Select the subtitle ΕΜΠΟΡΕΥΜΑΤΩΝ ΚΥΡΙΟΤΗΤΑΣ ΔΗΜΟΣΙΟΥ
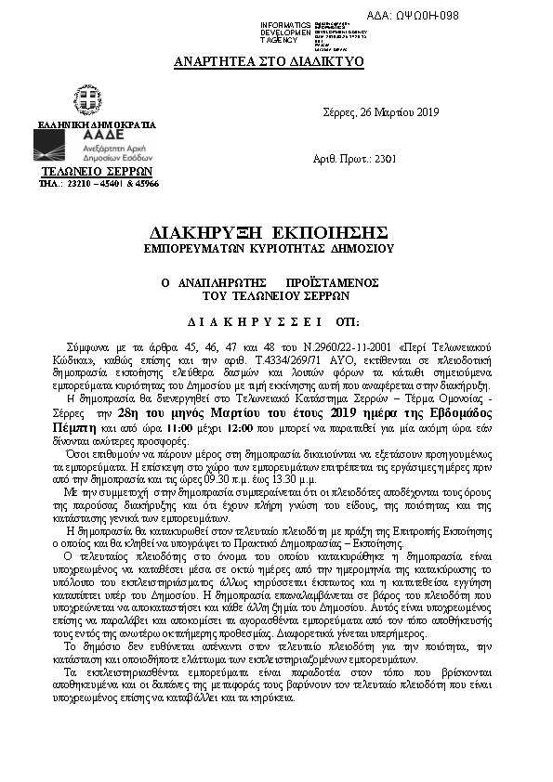(269, 249)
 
